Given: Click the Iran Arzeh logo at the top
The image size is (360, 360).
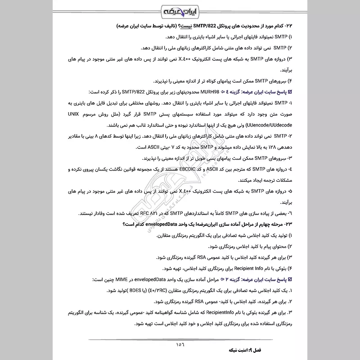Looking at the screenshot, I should (180, 10).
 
